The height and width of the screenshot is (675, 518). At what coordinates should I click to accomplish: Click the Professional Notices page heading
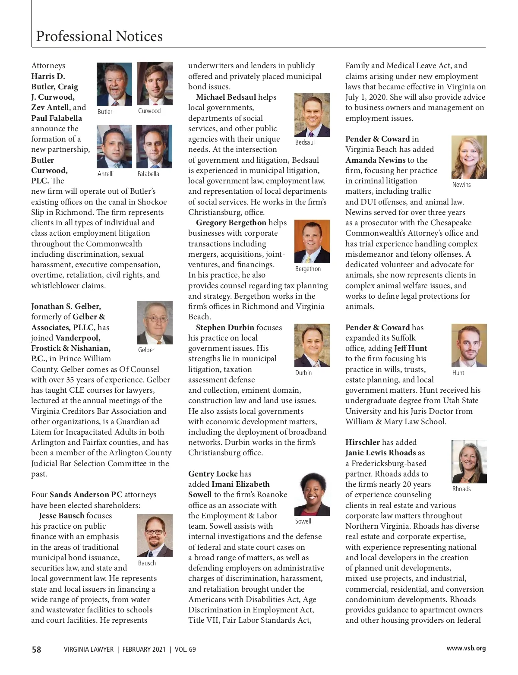point(99,36)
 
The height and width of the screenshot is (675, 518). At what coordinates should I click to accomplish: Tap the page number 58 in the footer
point(37,649)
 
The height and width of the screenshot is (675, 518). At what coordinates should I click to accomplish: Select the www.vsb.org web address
point(466,648)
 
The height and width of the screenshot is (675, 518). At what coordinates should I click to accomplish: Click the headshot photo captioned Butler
point(114,85)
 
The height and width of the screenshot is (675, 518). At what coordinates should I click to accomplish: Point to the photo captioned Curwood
point(155,83)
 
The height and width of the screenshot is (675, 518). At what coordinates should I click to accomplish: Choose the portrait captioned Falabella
point(154,146)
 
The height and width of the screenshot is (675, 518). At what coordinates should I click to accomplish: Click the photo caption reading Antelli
point(106,173)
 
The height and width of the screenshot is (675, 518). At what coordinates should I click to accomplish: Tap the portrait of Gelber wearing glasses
point(155,322)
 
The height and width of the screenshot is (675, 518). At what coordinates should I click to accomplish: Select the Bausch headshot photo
point(155,535)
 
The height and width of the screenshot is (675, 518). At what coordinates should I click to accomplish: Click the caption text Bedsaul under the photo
point(305,142)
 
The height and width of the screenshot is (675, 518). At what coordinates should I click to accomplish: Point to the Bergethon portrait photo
point(312,241)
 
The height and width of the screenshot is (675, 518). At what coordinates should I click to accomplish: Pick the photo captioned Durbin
point(312,345)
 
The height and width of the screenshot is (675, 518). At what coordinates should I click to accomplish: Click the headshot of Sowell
point(312,494)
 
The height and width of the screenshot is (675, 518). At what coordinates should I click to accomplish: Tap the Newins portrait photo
point(469,157)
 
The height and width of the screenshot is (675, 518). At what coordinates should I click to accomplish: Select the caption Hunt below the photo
point(458,373)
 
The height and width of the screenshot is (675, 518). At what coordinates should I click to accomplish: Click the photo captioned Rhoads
point(469,461)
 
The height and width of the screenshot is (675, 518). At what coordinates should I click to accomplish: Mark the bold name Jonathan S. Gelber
point(66,306)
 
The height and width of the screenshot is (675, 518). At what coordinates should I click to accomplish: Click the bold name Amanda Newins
point(375,160)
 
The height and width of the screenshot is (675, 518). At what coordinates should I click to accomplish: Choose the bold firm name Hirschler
point(363,442)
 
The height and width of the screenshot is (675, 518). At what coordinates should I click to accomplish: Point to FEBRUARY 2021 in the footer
point(144,649)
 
